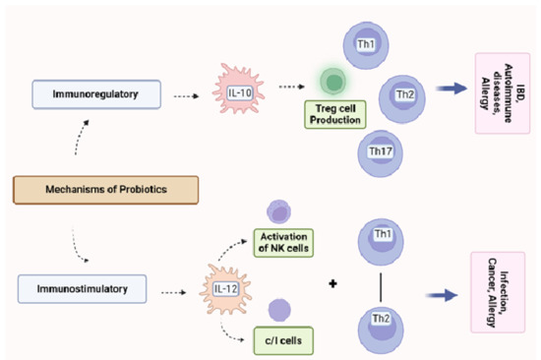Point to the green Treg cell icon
point(334,82)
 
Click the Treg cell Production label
point(334,117)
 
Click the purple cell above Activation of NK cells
point(278,210)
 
